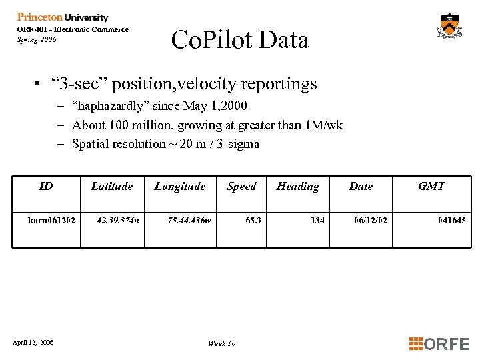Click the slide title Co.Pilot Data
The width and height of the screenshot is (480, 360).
pyautogui.click(x=240, y=40)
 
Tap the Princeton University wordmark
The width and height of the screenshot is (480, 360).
pyautogui.click(x=63, y=17)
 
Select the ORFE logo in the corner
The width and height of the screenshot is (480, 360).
pyautogui.click(x=439, y=344)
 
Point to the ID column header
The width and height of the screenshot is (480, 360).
pyautogui.click(x=46, y=187)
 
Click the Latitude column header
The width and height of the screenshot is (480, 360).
pyautogui.click(x=112, y=187)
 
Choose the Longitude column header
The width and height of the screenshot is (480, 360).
pyautogui.click(x=180, y=187)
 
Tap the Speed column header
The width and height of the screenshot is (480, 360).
pyautogui.click(x=241, y=187)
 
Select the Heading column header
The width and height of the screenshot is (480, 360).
pyautogui.click(x=298, y=187)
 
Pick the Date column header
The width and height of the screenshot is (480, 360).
pyautogui.click(x=361, y=187)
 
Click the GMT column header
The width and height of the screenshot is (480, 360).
pyautogui.click(x=431, y=187)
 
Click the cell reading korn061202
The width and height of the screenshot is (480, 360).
pyautogui.click(x=51, y=220)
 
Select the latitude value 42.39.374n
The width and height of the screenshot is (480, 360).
pyautogui.click(x=118, y=220)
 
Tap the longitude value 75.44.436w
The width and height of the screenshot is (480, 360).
pyautogui.click(x=189, y=220)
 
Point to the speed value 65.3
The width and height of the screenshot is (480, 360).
pyautogui.click(x=253, y=220)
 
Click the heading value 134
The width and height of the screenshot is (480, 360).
pyautogui.click(x=317, y=220)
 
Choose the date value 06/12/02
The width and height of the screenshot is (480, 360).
pyautogui.click(x=371, y=220)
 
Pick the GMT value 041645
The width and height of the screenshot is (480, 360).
pyautogui.click(x=452, y=220)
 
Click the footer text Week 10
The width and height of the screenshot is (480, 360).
pyautogui.click(x=221, y=343)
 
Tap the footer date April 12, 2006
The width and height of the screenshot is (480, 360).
pyautogui.click(x=33, y=343)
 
